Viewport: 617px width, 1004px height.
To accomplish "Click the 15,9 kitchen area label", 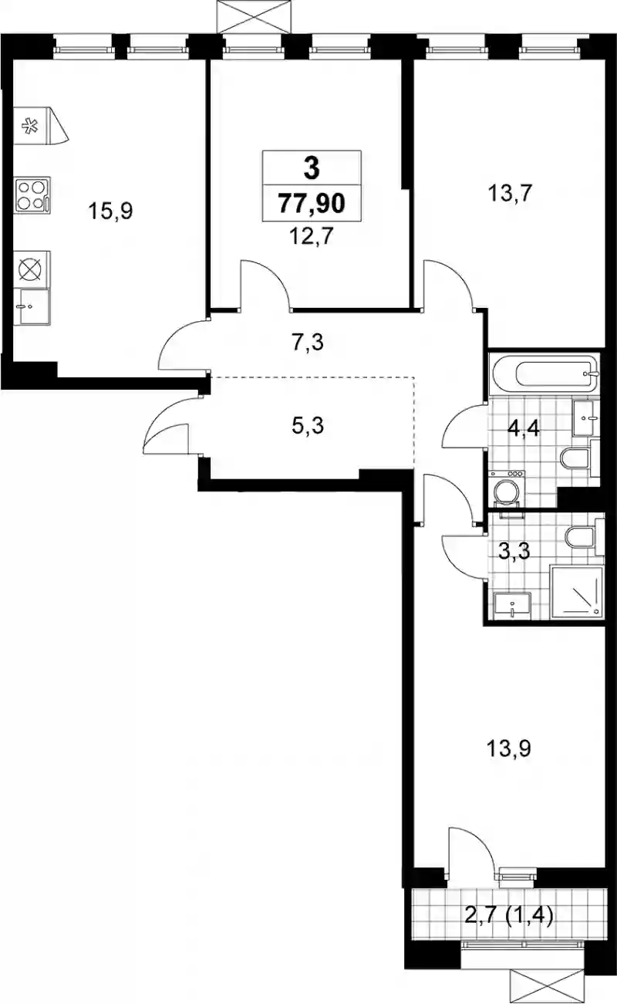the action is point(110,211).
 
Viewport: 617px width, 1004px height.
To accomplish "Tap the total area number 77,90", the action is point(312,203).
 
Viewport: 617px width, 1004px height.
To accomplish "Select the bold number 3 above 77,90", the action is point(312,168).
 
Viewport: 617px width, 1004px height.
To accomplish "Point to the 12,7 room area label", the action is point(312,236).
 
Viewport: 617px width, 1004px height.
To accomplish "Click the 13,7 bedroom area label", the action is point(510,194).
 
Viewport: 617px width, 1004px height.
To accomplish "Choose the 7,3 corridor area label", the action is point(308,343).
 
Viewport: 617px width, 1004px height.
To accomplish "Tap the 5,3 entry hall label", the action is point(308,425).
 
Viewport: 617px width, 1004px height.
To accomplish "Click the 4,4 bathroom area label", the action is point(524,429).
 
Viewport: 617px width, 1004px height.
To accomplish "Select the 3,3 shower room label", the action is point(514,551).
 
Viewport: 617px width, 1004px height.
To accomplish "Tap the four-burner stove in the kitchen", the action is point(32,195).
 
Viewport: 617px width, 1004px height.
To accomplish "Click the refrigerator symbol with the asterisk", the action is point(40,126).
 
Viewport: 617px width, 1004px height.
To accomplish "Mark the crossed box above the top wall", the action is point(256,17).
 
